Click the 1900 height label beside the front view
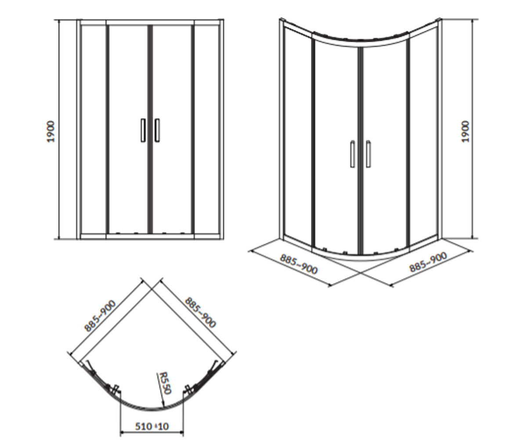[x=51, y=132]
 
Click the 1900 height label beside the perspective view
[x=465, y=132]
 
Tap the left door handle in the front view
[x=143, y=130]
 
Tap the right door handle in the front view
[x=157, y=130]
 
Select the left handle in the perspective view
[x=353, y=154]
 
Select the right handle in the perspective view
[x=368, y=154]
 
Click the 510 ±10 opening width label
[x=152, y=419]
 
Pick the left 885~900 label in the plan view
[x=100, y=316]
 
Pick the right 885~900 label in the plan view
[x=201, y=312]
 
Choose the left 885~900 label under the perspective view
[x=299, y=264]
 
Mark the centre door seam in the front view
[x=150, y=129]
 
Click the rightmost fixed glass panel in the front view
[x=207, y=129]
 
